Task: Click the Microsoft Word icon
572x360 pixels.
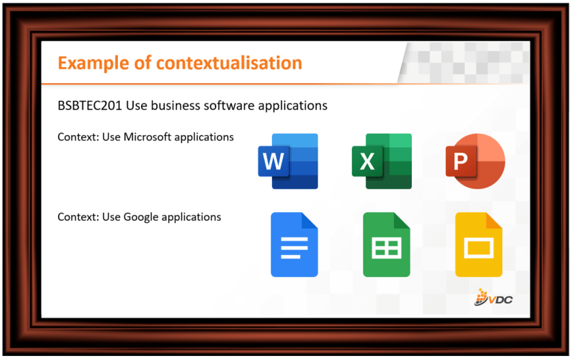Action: click(288, 161)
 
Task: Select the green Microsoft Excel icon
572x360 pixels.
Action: click(382, 161)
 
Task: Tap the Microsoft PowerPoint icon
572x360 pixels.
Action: click(475, 161)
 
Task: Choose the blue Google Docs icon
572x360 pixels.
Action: click(294, 244)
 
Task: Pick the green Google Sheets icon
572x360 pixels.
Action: click(387, 244)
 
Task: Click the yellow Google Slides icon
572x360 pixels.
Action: click(479, 244)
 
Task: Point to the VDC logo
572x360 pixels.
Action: click(493, 297)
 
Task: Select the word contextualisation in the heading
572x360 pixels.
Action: click(229, 63)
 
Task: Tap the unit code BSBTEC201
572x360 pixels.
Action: click(89, 106)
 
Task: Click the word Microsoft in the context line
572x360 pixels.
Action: click(147, 137)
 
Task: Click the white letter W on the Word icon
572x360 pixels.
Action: click(273, 161)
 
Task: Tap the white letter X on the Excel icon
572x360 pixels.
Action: click(367, 161)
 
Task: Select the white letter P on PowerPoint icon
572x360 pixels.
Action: click(460, 161)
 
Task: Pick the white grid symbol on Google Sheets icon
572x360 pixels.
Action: click(387, 248)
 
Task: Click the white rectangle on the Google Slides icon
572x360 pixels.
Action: click(479, 248)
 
